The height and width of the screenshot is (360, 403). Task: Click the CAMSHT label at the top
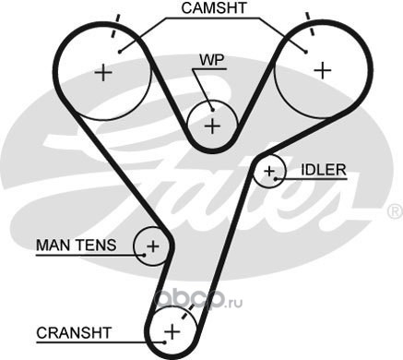pos(214,8)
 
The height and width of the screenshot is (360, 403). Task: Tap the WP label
pos(212,60)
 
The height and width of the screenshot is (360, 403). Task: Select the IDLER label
pos(324,170)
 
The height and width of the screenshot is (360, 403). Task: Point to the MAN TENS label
pos(77,246)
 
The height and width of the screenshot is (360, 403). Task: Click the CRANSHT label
pos(74,332)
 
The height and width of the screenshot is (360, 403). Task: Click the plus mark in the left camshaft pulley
pos(103,73)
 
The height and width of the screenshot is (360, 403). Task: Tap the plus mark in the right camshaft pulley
pos(323,70)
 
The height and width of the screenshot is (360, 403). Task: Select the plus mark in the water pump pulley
pos(212,126)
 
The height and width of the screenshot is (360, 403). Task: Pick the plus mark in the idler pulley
pos(269,171)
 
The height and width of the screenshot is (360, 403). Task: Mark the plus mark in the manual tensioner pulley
pos(153,246)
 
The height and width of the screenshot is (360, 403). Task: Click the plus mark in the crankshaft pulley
pos(172,331)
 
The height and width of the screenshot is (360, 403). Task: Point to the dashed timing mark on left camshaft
pos(115,26)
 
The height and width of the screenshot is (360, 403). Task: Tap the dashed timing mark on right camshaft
pos(310,23)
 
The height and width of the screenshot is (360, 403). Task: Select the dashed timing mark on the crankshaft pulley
pos(188,312)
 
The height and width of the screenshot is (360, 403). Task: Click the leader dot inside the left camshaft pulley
pos(120,52)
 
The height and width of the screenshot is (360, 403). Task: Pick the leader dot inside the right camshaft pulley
pos(305,52)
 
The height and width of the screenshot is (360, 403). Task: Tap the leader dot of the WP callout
pos(212,110)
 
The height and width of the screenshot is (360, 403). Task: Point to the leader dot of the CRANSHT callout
pos(165,342)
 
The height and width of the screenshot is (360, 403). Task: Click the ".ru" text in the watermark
pos(234,303)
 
